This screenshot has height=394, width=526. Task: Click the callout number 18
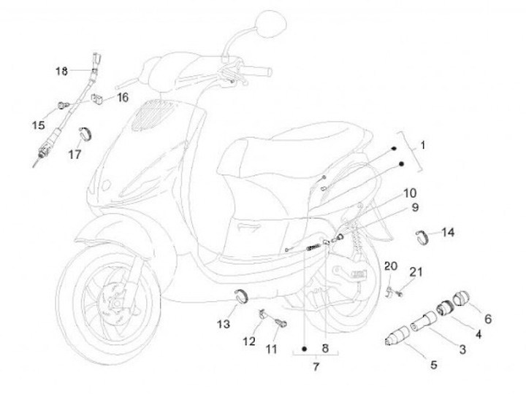click(61, 71)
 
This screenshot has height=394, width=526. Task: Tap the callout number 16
click(121, 97)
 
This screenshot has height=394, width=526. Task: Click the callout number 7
click(316, 366)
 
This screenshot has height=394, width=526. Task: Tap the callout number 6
click(488, 318)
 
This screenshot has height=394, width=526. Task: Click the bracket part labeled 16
click(96, 98)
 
